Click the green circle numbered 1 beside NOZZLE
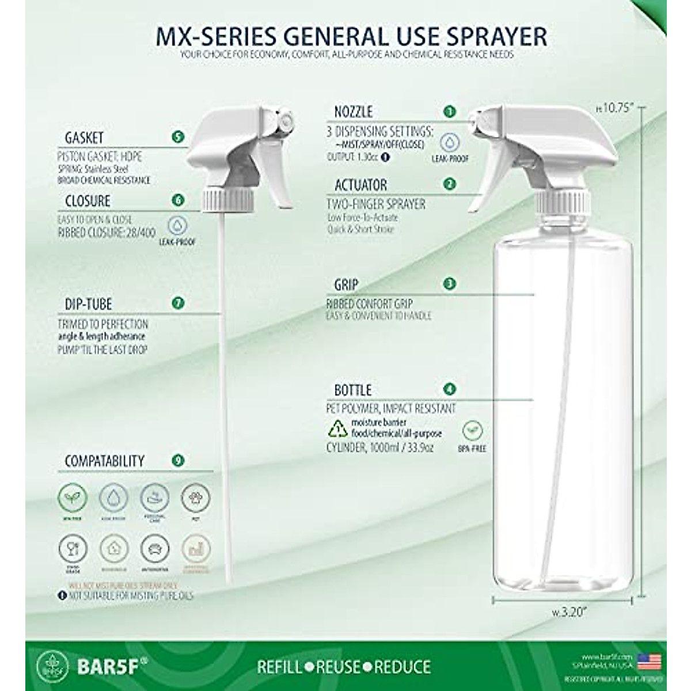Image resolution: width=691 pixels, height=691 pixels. pos(450,111)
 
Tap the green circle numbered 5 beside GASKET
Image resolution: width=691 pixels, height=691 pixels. pos(178,137)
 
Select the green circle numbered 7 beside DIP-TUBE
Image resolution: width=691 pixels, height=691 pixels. pos(178,303)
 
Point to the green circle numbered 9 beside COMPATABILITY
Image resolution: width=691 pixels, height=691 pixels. pos(178,460)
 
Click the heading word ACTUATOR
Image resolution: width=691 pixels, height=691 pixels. pos(360,185)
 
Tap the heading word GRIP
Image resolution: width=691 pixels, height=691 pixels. pos(346,284)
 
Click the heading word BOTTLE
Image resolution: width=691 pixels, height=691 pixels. pos(352,390)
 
